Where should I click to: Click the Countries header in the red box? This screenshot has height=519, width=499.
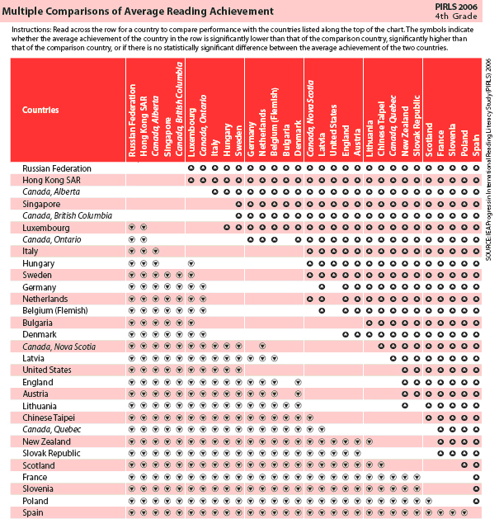[x=40, y=110]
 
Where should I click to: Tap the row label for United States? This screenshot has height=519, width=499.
[x=47, y=370]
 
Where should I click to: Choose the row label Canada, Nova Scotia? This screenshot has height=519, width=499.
[x=59, y=346]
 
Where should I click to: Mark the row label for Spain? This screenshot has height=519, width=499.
[x=34, y=512]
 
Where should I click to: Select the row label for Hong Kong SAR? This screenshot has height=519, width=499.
[x=48, y=179]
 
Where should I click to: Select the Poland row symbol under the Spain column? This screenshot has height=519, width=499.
[x=476, y=501]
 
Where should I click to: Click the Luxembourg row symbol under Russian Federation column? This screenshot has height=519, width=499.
[x=132, y=227]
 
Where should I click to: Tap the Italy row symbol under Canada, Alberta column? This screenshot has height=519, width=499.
[x=156, y=251]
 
